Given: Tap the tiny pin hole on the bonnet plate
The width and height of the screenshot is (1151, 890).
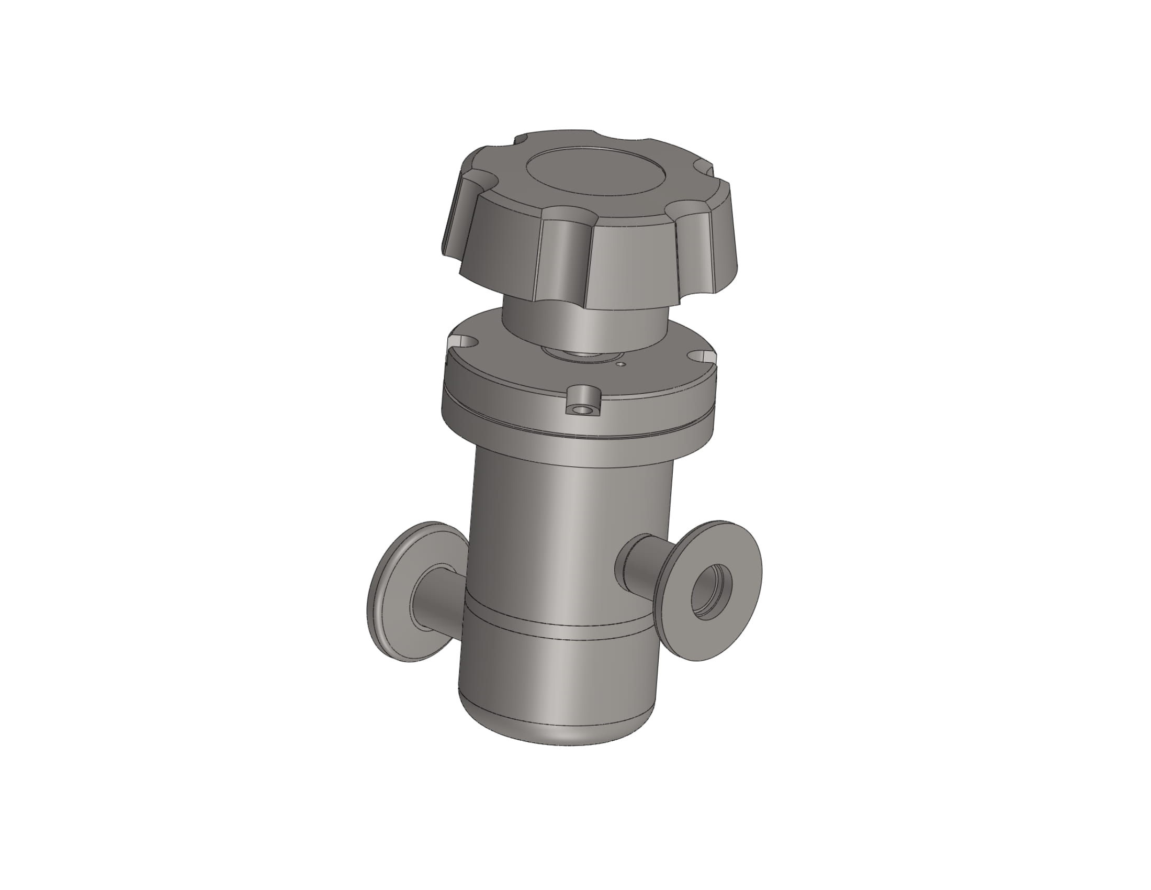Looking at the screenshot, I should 622,363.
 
